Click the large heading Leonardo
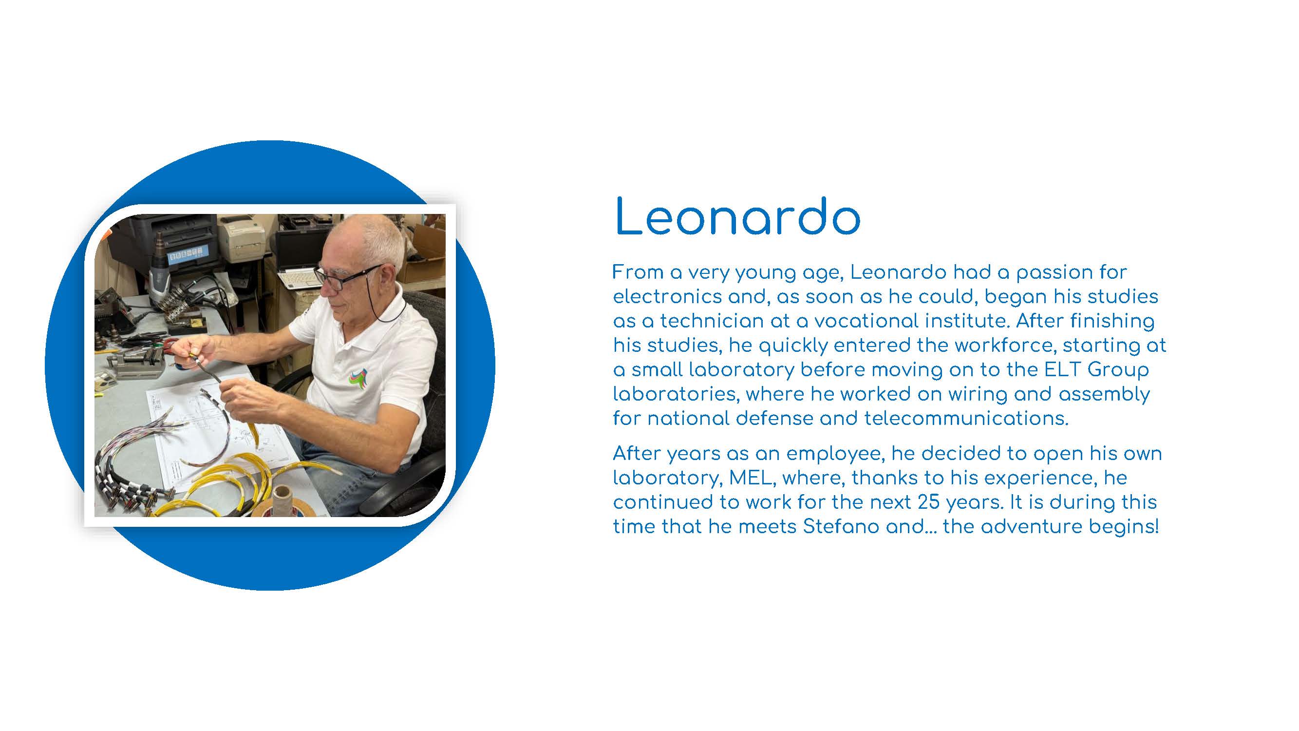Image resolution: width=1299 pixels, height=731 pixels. point(737,217)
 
